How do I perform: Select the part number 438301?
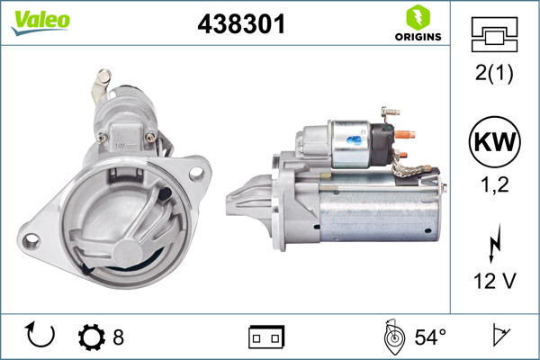241,25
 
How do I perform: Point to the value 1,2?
493,186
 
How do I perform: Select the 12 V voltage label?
493,281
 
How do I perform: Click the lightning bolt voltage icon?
493,245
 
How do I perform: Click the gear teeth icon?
92,337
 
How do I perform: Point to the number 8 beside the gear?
118,337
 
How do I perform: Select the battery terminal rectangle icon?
266,337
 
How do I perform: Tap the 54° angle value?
430,337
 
